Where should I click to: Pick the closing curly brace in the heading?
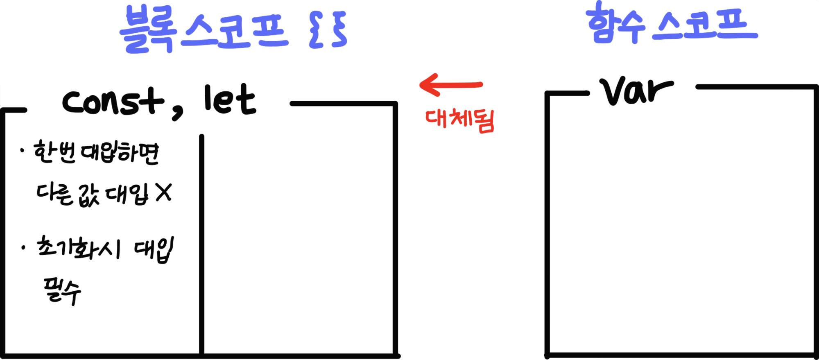tap(339, 29)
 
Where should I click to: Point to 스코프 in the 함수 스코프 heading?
tap(705, 25)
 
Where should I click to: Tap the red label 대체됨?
tap(460, 120)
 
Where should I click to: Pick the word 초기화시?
tap(78, 248)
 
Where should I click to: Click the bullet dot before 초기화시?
tap(23, 248)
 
